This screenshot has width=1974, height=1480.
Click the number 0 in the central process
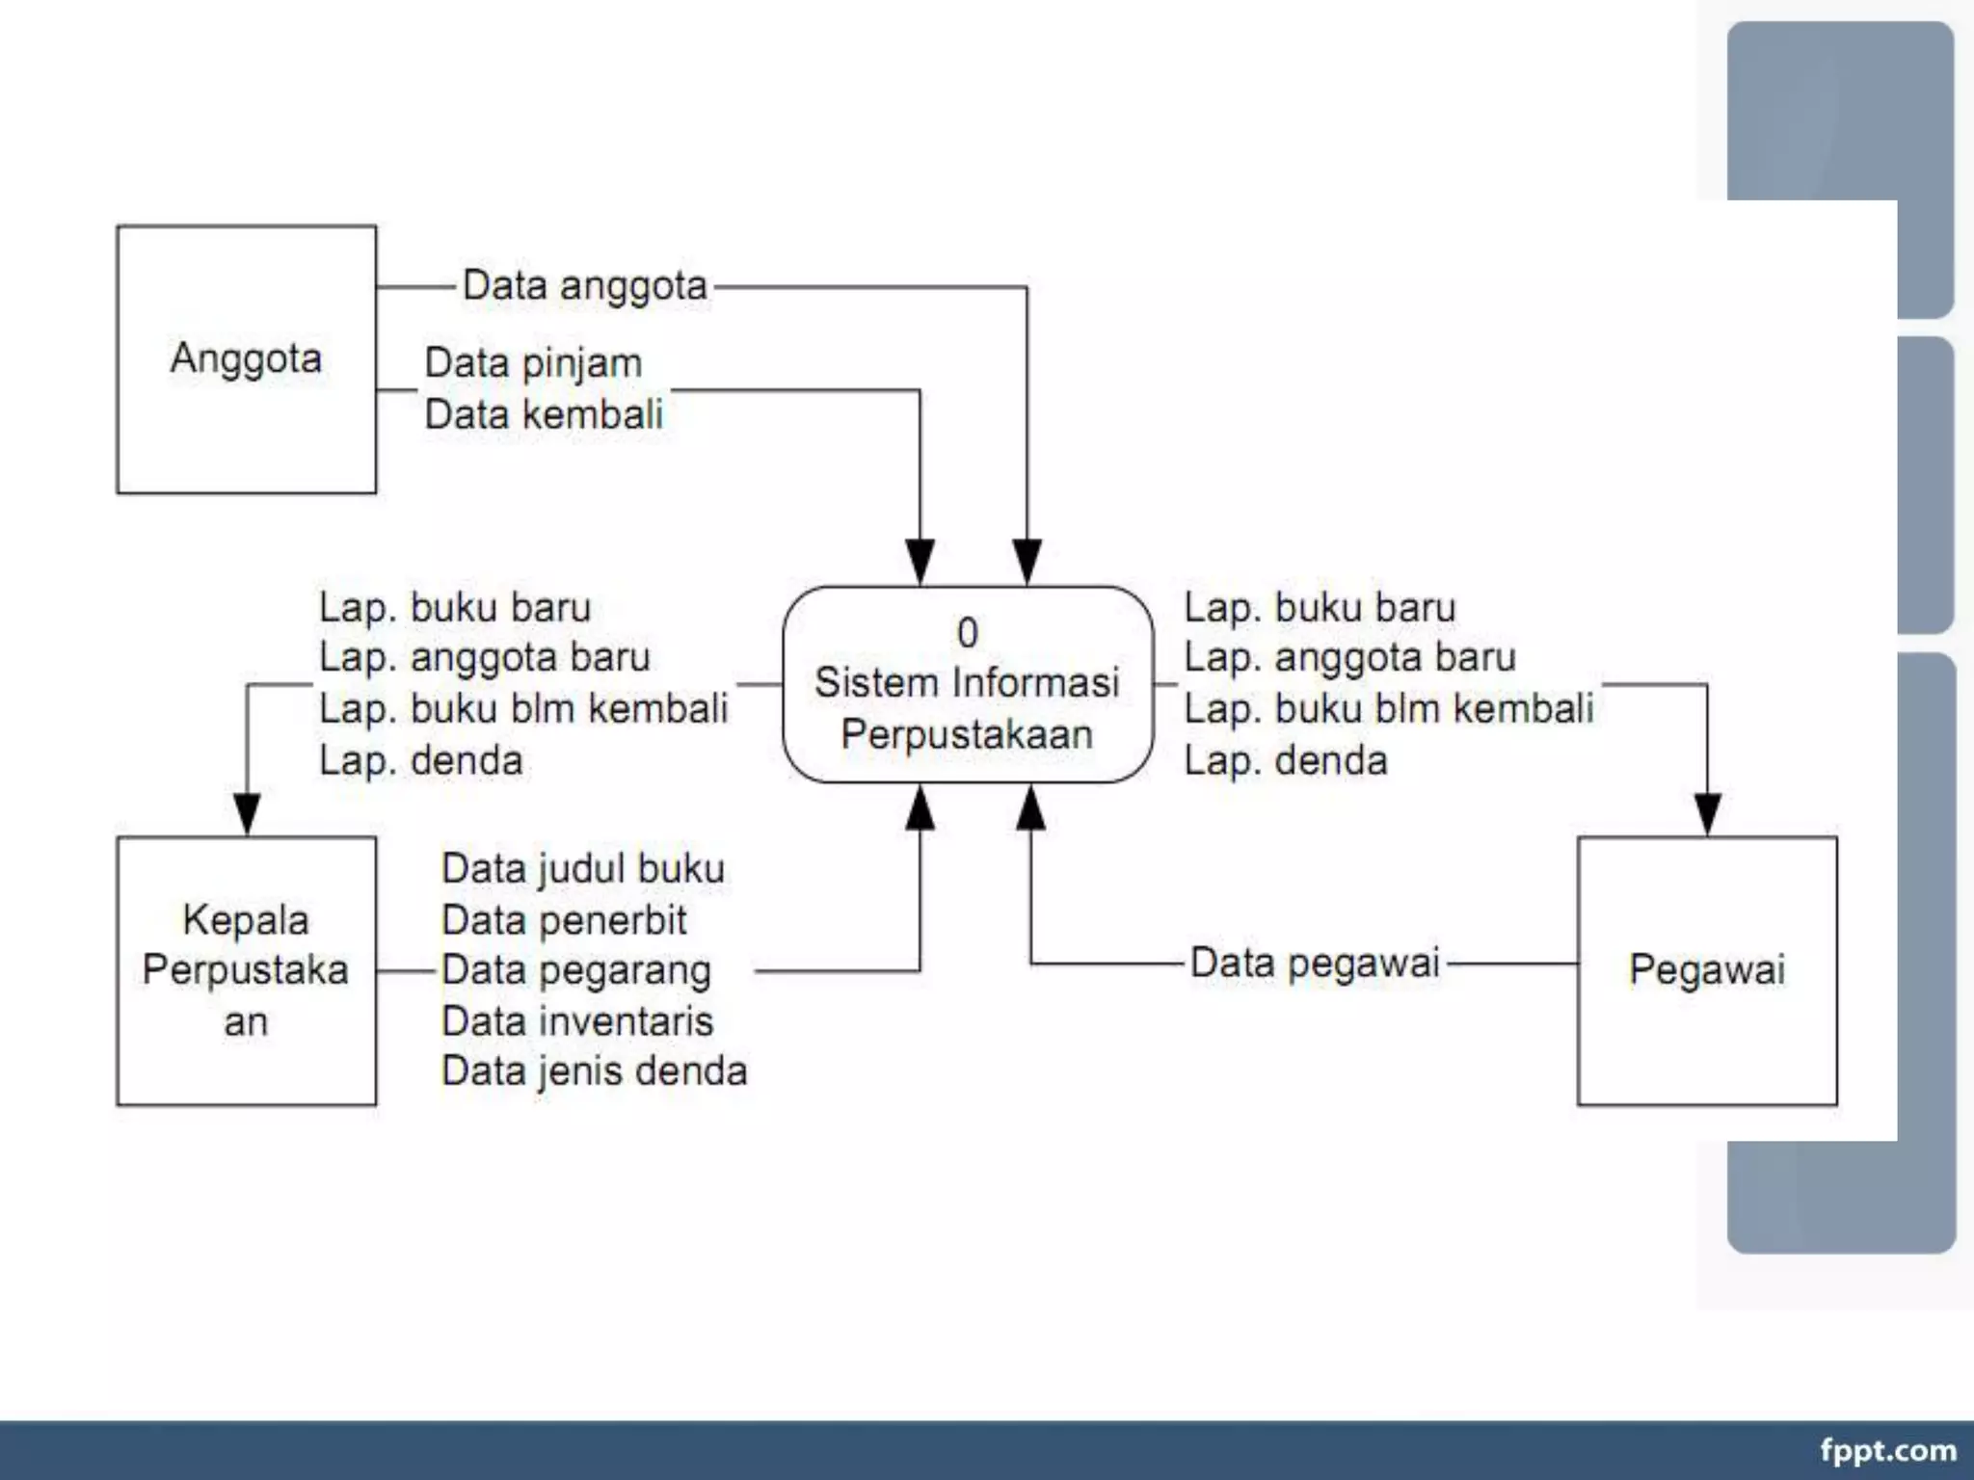coord(967,633)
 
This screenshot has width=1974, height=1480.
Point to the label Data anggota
coord(584,286)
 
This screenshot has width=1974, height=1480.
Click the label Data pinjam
coord(533,363)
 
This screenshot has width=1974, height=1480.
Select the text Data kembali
coord(544,415)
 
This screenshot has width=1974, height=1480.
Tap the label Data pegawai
coord(1315,963)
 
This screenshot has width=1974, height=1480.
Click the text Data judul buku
coord(582,869)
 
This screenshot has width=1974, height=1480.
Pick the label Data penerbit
coord(564,920)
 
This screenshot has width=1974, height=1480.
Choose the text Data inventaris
coord(577,1021)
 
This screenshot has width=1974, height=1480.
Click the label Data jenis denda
coord(594,1071)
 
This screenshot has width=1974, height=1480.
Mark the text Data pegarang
coord(576,970)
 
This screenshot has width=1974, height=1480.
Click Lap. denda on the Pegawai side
coord(1285,761)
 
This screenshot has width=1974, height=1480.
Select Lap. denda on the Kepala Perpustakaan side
coord(420,761)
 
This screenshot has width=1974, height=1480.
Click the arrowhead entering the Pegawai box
coord(1707,815)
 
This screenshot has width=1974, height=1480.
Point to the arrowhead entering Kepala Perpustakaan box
coord(247,815)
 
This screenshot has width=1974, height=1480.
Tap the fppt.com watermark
coord(1887,1450)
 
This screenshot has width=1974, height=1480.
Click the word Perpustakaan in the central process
coord(967,735)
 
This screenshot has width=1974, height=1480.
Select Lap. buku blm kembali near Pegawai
coord(1388,709)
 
